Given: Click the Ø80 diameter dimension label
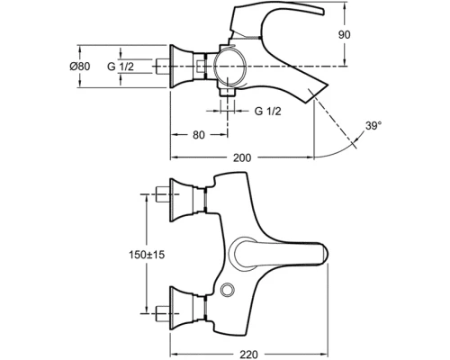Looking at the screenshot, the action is (x=80, y=67).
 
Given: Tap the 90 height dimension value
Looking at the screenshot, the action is (x=344, y=35).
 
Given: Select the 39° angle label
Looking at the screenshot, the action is (x=373, y=126).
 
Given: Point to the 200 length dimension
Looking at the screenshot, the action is (x=242, y=157).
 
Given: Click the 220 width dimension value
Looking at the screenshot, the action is (x=248, y=355).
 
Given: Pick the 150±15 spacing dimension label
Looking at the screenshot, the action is (x=147, y=255).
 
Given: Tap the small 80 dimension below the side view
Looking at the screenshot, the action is (x=199, y=135).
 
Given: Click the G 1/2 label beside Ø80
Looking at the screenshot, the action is (x=121, y=67).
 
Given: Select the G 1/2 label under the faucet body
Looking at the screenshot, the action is (x=268, y=112).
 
